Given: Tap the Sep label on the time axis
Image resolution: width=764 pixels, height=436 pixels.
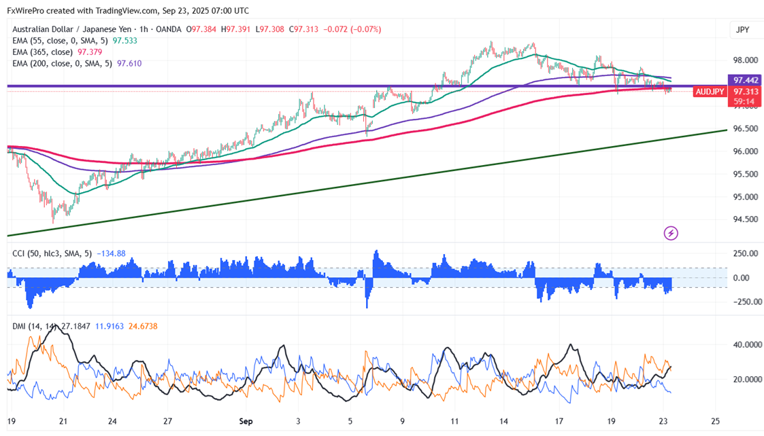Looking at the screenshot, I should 246,421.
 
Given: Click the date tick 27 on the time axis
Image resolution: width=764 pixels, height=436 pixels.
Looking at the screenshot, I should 168,421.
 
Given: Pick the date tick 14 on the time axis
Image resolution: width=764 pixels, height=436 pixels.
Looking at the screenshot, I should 503,421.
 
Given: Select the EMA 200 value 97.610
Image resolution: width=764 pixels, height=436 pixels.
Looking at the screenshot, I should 130,63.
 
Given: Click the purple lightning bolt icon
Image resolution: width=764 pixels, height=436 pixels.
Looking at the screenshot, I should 671,234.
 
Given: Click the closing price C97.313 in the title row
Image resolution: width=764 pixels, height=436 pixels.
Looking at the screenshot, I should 303,29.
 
